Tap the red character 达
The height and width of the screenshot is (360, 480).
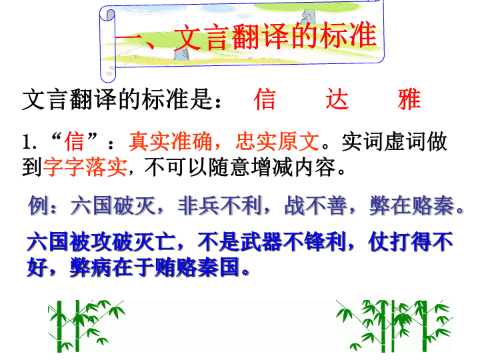tap(337, 99)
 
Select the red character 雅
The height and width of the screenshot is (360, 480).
tap(409, 99)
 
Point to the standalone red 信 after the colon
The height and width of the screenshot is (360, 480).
tap(265, 99)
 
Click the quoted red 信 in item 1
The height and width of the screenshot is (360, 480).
tap(75, 141)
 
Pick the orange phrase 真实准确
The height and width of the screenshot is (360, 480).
tap(171, 141)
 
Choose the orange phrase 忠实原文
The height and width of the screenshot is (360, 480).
tap(277, 141)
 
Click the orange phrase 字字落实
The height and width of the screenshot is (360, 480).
tap(85, 167)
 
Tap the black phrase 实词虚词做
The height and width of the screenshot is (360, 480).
tap(394, 141)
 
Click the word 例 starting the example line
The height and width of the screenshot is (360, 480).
tap(38, 205)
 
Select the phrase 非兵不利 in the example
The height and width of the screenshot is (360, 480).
tap(219, 205)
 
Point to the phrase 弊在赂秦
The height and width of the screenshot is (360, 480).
tap(412, 205)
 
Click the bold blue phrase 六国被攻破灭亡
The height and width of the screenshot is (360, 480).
tap(101, 242)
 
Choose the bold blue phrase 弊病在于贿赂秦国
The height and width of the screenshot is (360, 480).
tap(154, 267)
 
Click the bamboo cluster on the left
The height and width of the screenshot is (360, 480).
tap(86, 326)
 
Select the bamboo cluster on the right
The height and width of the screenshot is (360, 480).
tap(394, 326)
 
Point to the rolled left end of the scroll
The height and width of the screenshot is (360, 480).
tap(108, 45)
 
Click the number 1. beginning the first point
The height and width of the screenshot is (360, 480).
tap(30, 143)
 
